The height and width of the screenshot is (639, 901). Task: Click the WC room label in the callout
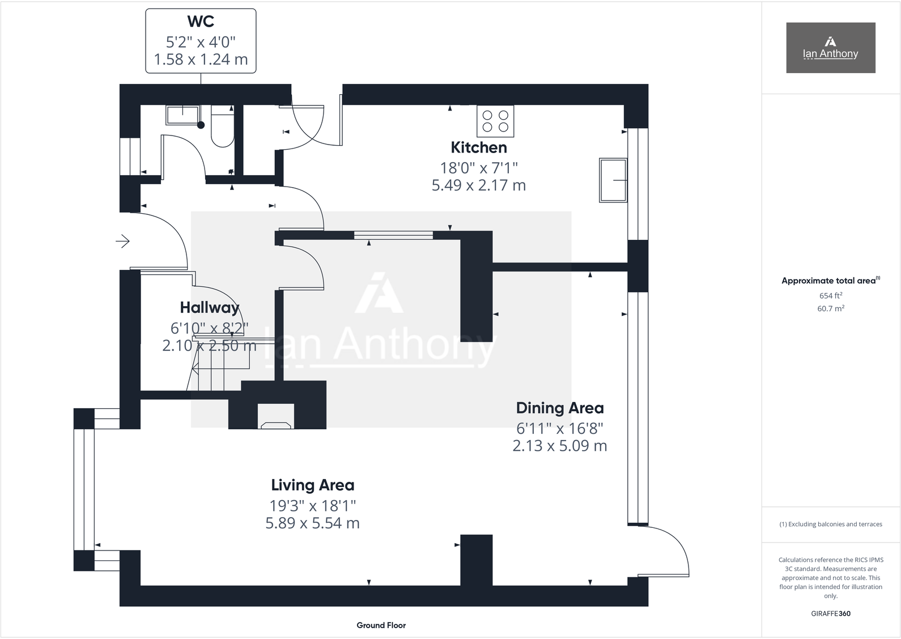(201, 22)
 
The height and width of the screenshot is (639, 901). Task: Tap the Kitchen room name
(479, 147)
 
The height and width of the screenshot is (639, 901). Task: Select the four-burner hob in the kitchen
(495, 121)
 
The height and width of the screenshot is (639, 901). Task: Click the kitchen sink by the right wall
(613, 180)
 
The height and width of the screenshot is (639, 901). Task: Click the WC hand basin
(182, 116)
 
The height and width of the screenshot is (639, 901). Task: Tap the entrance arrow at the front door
(123, 242)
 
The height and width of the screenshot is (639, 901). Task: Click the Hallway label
(210, 308)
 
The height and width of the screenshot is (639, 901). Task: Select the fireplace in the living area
(277, 417)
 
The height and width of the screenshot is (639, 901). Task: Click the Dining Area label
(560, 408)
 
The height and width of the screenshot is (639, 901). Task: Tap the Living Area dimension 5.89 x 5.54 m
(313, 523)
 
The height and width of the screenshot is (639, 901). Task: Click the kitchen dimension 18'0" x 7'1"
(479, 168)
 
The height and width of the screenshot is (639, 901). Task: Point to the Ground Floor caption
(381, 625)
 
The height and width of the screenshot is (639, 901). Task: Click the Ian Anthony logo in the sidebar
(830, 48)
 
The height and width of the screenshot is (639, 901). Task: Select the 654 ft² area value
(830, 295)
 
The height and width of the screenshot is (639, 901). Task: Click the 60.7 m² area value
(830, 308)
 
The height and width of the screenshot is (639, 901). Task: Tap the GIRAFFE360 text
(830, 613)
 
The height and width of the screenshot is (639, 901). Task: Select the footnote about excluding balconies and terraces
(830, 524)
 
